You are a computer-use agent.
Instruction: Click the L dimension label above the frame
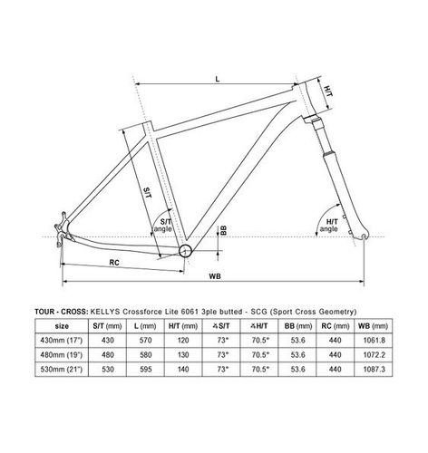(x=219, y=81)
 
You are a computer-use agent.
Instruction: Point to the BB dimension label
(x=221, y=231)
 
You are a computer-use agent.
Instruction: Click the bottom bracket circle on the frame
(x=185, y=250)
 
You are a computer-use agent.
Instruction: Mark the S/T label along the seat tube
(x=148, y=191)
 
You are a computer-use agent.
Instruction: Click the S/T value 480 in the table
(x=110, y=355)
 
